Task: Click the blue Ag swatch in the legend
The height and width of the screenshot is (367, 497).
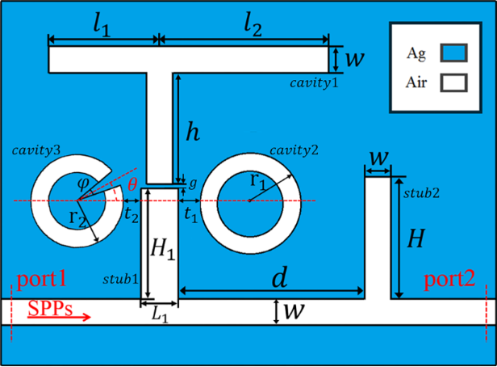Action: coord(453,53)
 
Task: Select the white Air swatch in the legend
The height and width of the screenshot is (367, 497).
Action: coord(453,83)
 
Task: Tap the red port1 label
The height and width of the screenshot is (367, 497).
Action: coord(41,280)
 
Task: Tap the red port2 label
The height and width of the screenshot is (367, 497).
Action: coord(449,280)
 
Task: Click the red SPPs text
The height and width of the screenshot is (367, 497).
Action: coord(50,308)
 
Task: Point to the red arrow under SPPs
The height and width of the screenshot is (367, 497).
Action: coord(59,317)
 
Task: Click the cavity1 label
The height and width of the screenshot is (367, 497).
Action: coord(314,83)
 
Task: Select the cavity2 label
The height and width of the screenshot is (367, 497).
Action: coord(294,150)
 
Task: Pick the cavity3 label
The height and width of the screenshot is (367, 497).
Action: coord(36,150)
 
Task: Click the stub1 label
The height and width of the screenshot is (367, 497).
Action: coord(121,279)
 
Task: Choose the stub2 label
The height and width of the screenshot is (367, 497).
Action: coord(421,193)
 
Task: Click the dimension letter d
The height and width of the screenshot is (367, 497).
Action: coord(280,277)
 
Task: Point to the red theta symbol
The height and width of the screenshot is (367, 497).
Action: coord(132,184)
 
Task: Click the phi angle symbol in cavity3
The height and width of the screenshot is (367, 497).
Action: coord(82,183)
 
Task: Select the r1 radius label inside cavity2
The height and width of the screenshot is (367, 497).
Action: coord(257,182)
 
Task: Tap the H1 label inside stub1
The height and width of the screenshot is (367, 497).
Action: coord(163,249)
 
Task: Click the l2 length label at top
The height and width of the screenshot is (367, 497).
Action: coord(253,26)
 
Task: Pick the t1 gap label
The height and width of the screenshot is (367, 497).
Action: coord(190,215)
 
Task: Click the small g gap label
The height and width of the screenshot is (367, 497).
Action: coord(193,183)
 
